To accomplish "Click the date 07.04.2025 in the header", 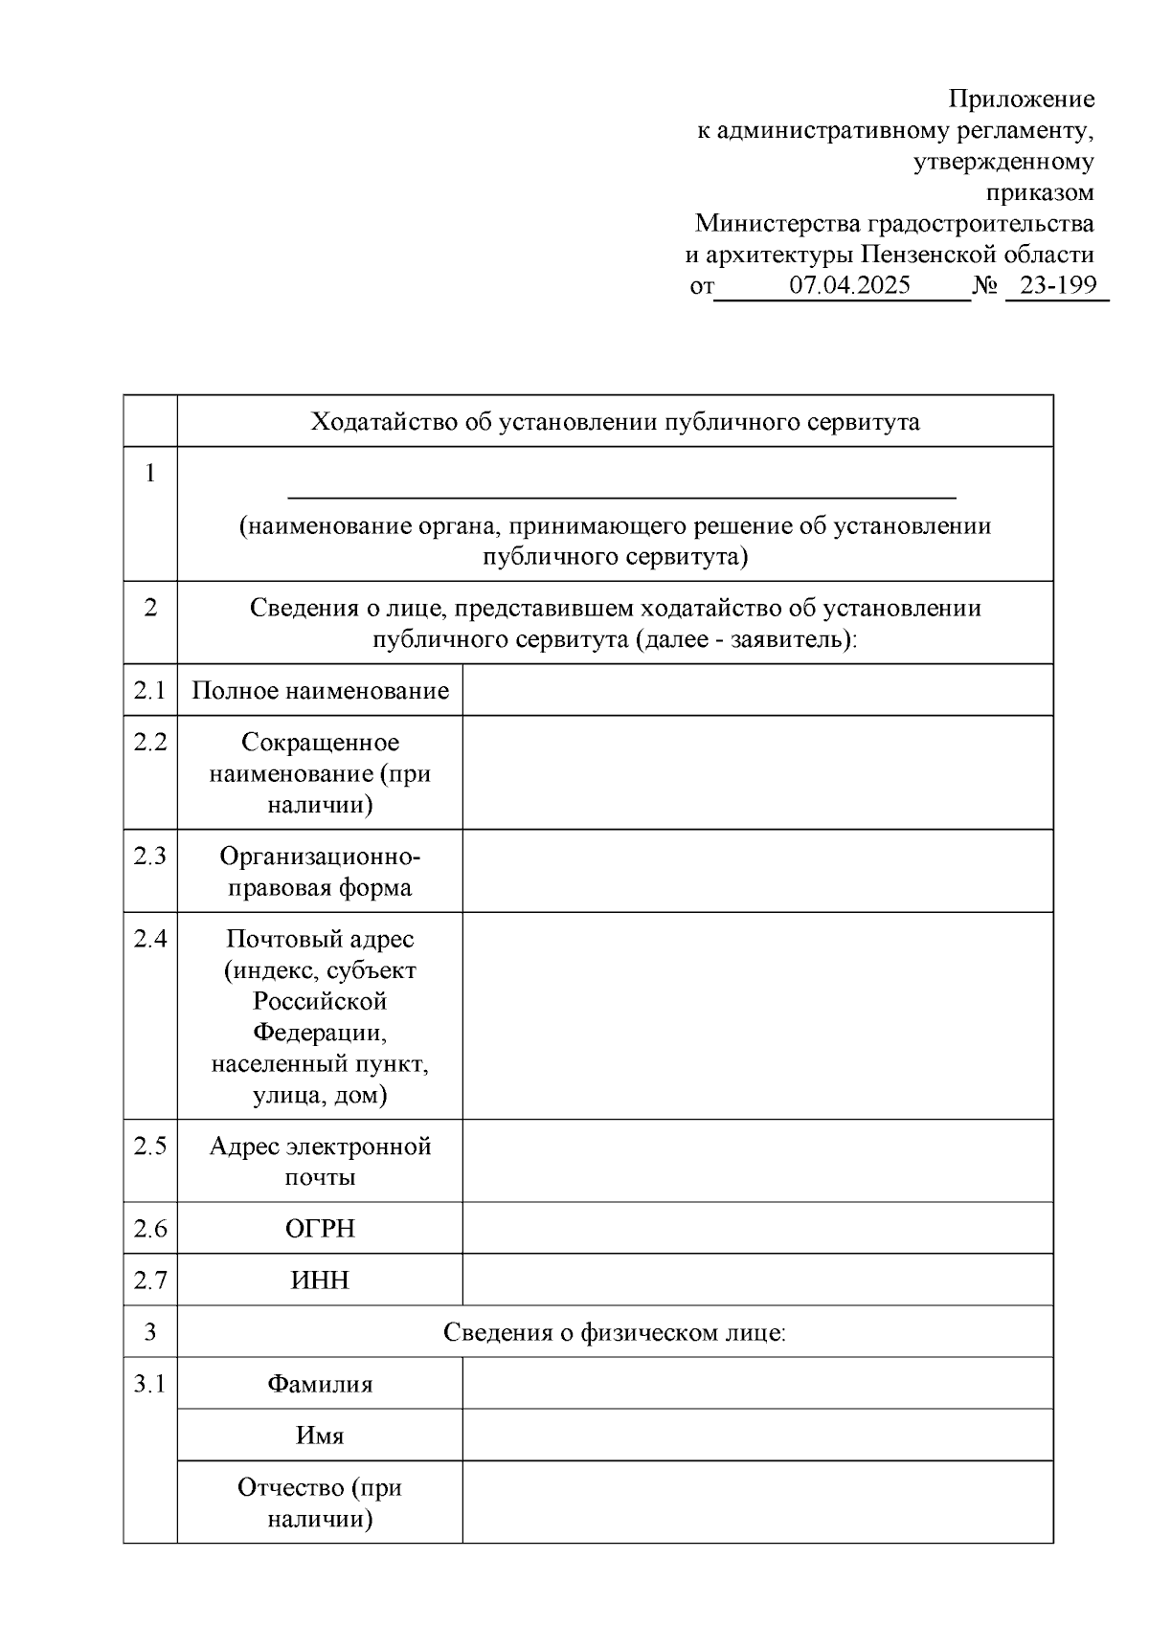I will [x=849, y=285].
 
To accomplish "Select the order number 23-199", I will [x=1058, y=285].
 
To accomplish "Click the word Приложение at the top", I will [x=1021, y=99].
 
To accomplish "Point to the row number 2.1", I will [x=150, y=690].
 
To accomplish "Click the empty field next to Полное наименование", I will [x=757, y=690].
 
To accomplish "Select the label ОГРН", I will [x=320, y=1229].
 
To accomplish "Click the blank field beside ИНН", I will [x=757, y=1280].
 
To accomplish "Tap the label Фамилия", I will [x=320, y=1384].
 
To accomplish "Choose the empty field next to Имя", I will [x=757, y=1436].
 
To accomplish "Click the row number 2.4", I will [x=150, y=939].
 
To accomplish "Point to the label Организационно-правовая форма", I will [x=320, y=871].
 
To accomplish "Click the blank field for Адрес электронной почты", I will [x=757, y=1161].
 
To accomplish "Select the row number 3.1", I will [x=150, y=1384].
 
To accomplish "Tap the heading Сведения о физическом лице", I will [x=615, y=1332].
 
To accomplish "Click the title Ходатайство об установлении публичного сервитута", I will [x=615, y=422].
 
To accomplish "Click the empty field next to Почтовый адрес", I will [x=757, y=1015].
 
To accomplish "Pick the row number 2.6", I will [x=150, y=1229].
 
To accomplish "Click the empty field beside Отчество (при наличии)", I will [x=757, y=1503].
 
